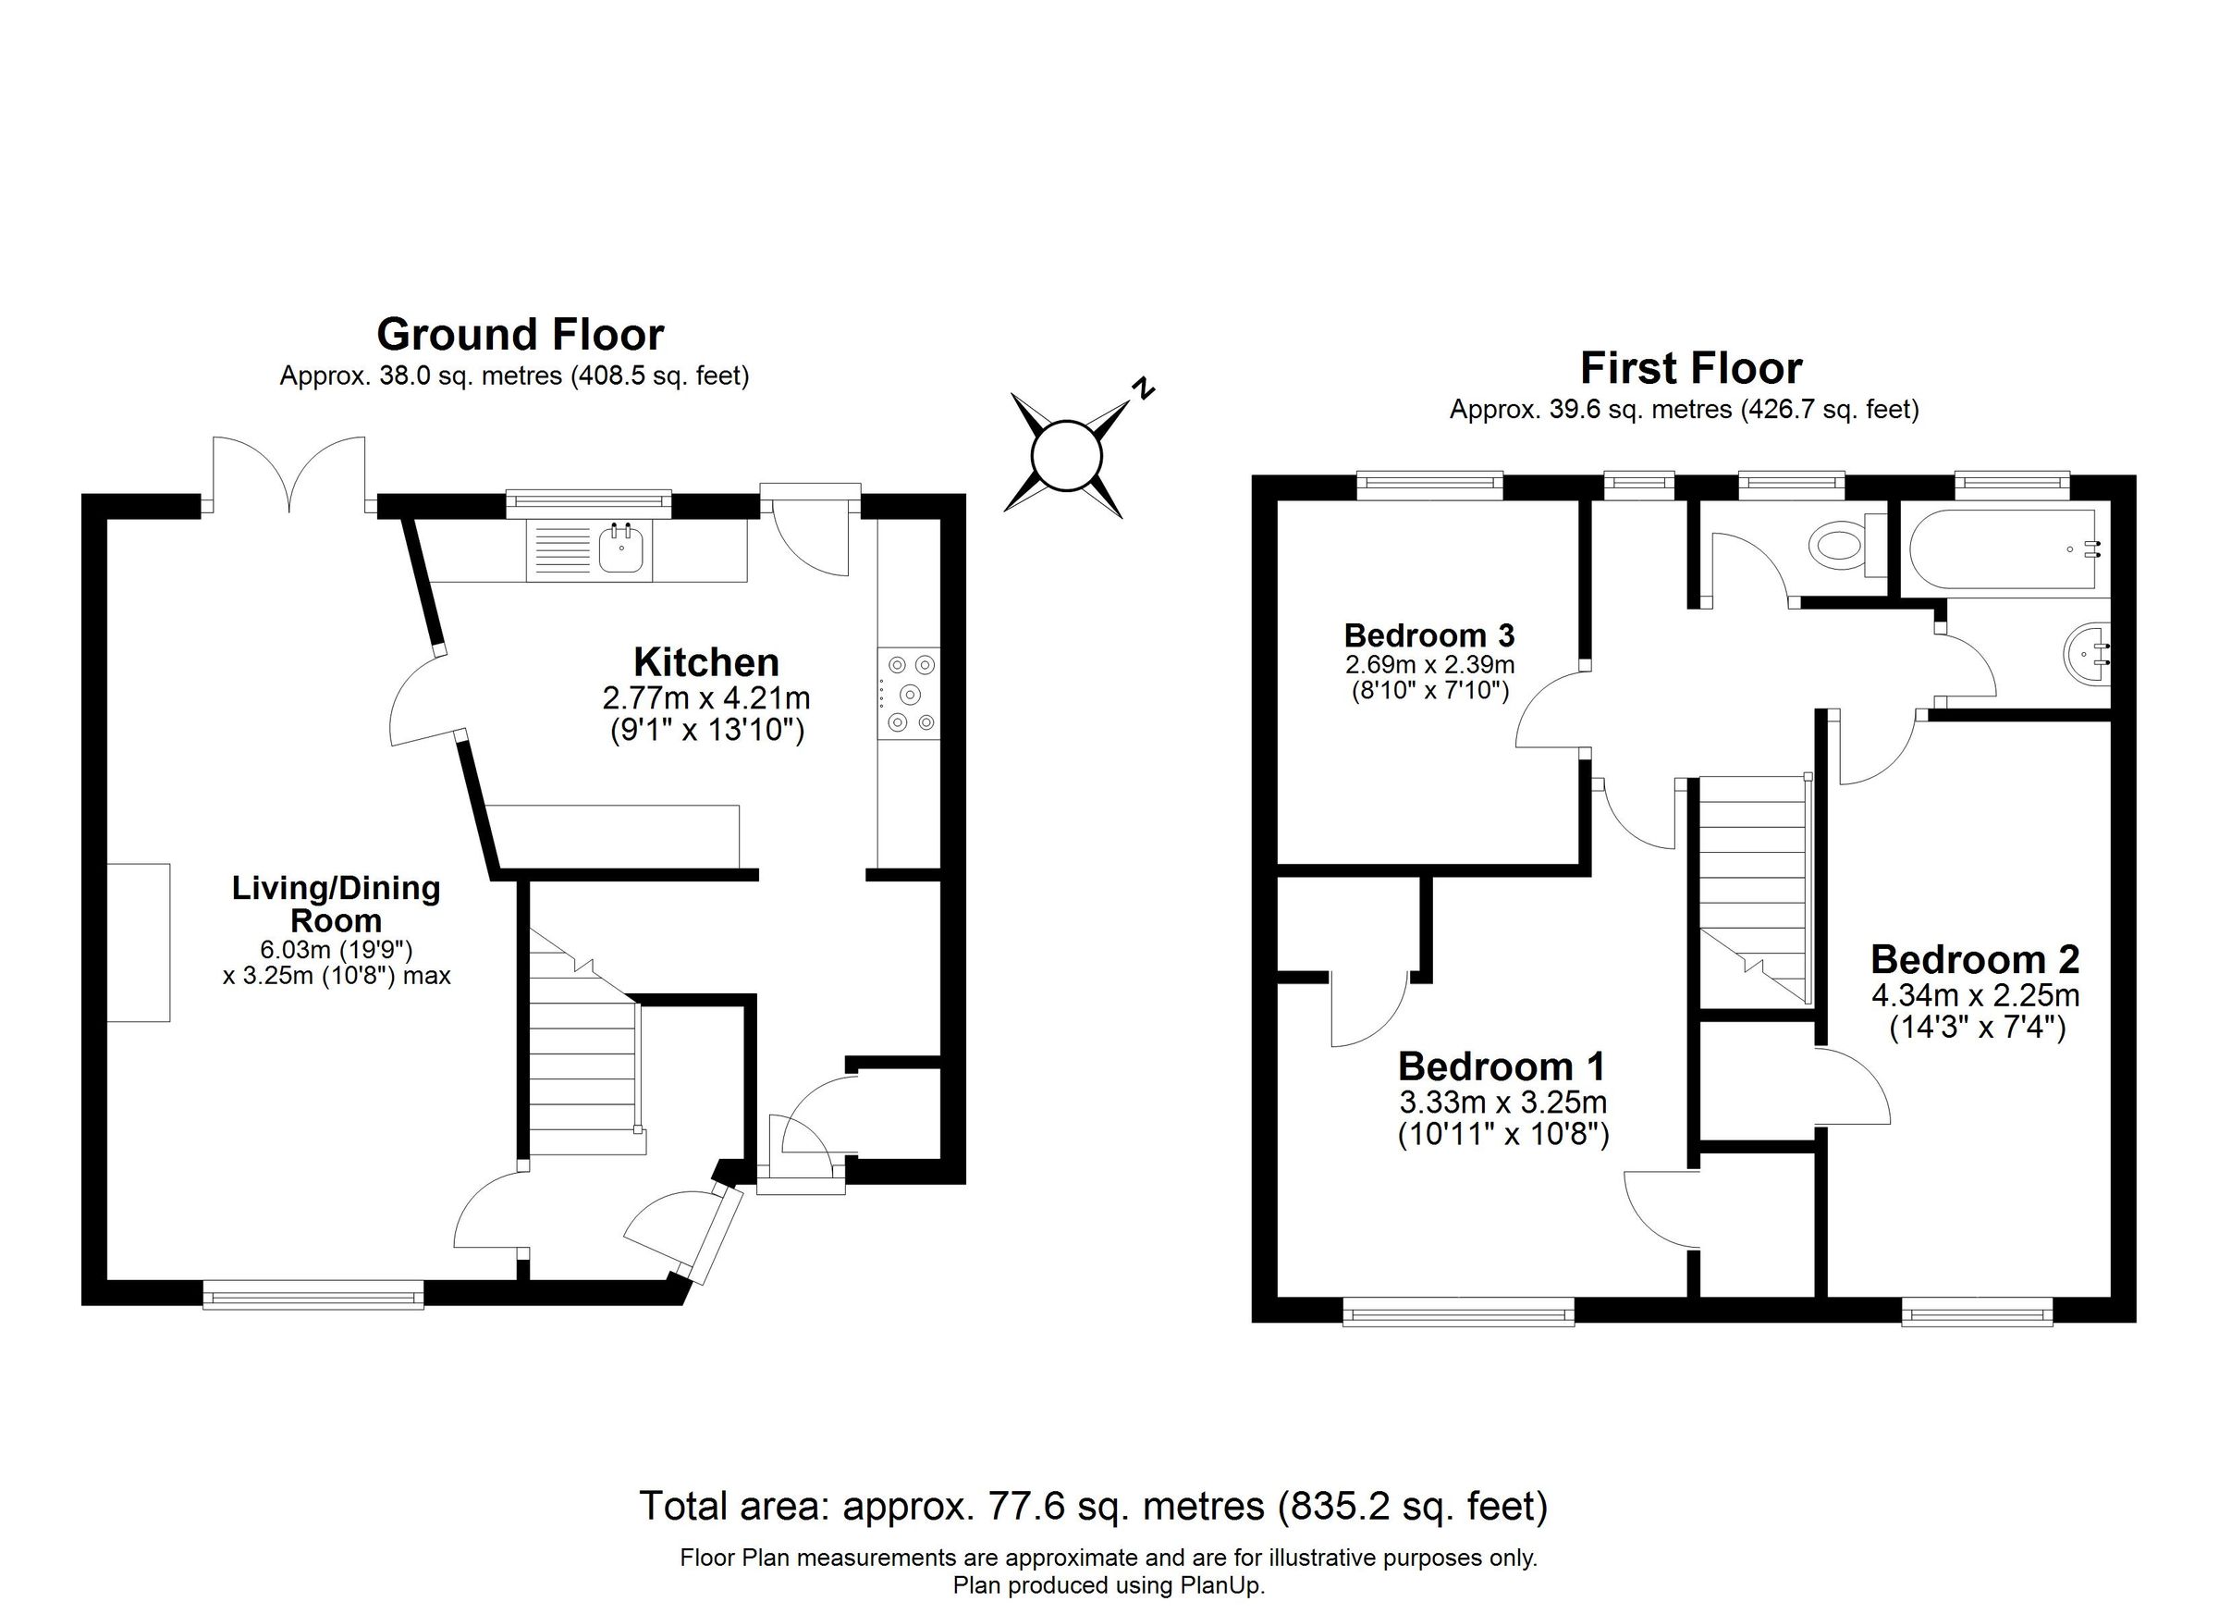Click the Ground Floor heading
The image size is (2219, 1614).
point(520,335)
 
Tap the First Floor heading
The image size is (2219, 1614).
point(1691,368)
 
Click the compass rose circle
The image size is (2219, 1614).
point(1066,455)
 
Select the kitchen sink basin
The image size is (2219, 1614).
point(620,550)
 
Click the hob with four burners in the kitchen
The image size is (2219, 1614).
point(909,693)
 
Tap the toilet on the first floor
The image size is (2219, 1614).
point(1837,542)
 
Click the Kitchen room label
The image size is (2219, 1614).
point(705,662)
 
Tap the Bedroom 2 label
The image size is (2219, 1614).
point(1974,959)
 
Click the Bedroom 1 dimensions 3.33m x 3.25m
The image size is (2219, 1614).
point(1502,1103)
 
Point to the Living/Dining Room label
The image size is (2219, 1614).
point(336,904)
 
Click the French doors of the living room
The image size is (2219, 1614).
point(289,477)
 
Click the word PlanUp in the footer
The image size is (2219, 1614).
point(1223,1584)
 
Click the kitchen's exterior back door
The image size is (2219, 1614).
point(810,534)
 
